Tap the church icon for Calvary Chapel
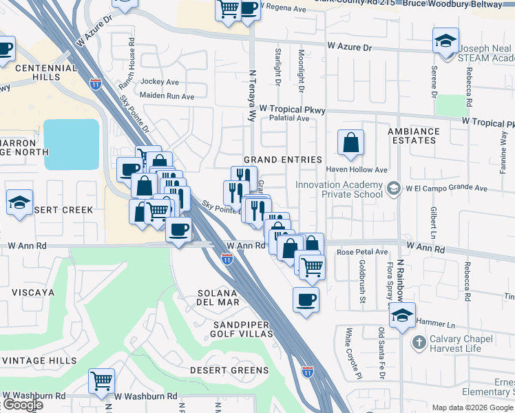[419, 342]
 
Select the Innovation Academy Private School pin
[392, 188]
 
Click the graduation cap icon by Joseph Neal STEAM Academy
[445, 40]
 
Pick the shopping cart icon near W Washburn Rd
[101, 380]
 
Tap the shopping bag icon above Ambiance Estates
[350, 142]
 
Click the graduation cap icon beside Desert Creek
[19, 202]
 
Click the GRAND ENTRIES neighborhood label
[282, 160]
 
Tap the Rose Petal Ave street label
[362, 253]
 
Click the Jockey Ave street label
[160, 81]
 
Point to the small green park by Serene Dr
[451, 106]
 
